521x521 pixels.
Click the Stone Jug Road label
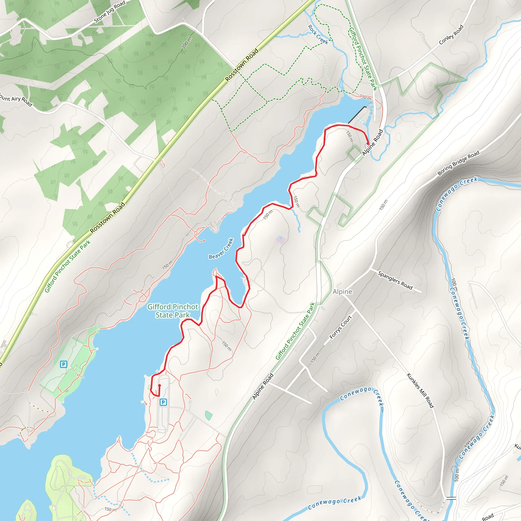pyautogui.click(x=109, y=12)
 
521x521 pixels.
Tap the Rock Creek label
pyautogui.click(x=318, y=35)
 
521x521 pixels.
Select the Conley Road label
pyautogui.click(x=451, y=35)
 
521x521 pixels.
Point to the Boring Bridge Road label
pyautogui.click(x=458, y=163)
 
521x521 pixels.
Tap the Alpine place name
pyautogui.click(x=342, y=292)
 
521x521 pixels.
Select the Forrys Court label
pyautogui.click(x=341, y=327)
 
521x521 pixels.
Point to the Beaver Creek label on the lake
pyautogui.click(x=221, y=249)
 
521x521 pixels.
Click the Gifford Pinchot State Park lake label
pyautogui.click(x=172, y=311)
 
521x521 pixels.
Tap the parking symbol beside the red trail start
pyautogui.click(x=163, y=402)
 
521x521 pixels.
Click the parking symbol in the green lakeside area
pyautogui.click(x=63, y=364)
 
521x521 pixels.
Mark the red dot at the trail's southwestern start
pyautogui.click(x=159, y=385)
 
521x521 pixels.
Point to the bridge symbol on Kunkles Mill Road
pyautogui.click(x=451, y=498)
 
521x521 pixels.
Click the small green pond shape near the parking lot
pyautogui.click(x=208, y=415)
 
